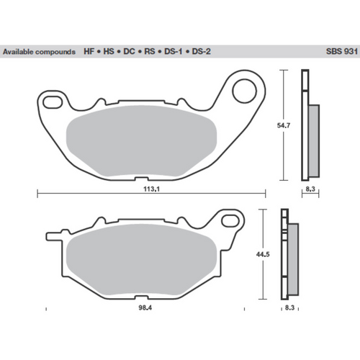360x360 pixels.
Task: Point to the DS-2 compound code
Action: tap(202, 53)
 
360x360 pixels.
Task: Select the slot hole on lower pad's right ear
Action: tap(230, 218)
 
